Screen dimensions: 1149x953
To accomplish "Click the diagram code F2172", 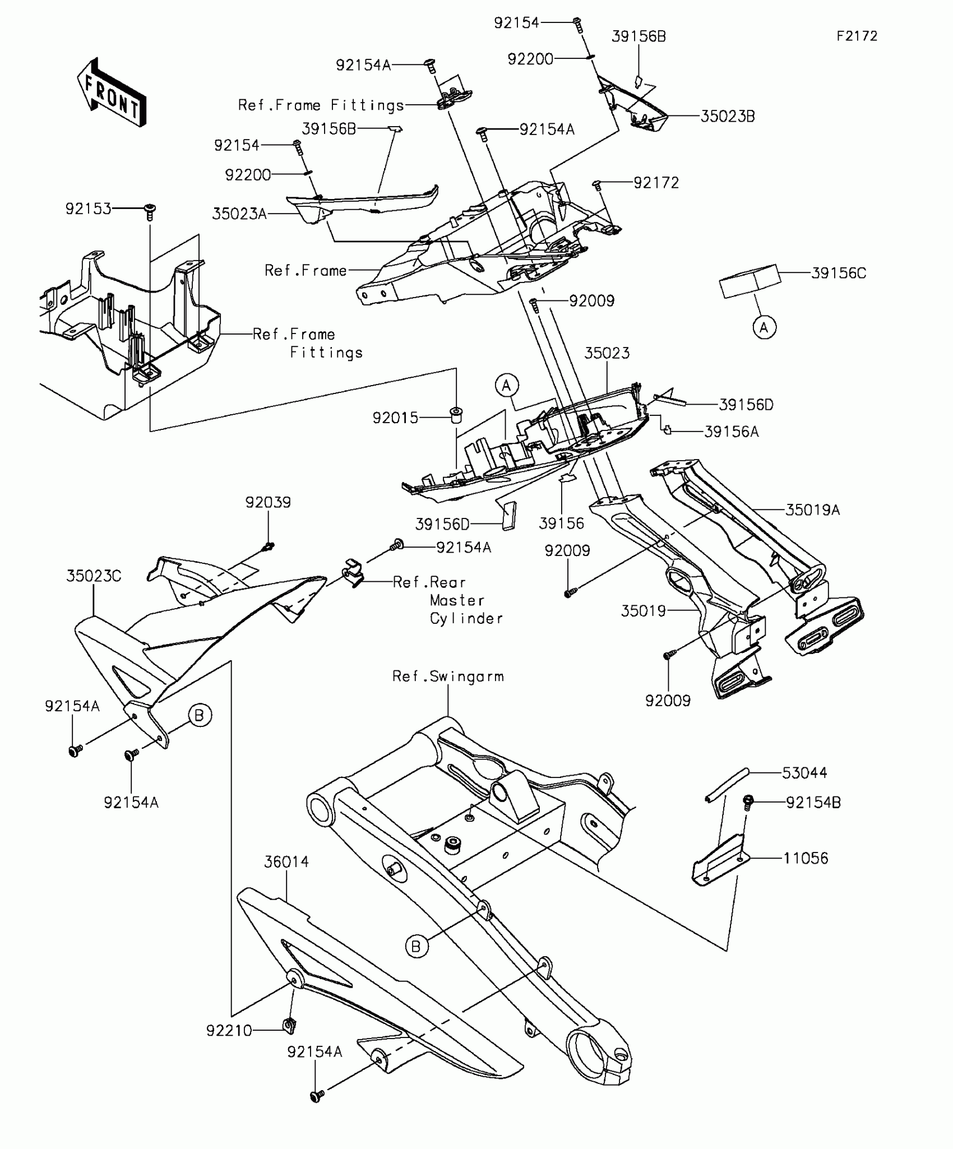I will coord(857,36).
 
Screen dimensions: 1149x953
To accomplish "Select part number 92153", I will coord(88,209).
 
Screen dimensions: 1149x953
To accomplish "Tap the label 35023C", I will coord(94,576).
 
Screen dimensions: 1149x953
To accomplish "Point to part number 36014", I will coord(286,861).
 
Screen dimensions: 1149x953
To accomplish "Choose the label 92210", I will coord(229,1031).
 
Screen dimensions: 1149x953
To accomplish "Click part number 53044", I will coord(804,773).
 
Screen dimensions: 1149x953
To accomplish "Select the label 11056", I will coord(806,858).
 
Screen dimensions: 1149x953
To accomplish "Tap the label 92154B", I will coord(813,803).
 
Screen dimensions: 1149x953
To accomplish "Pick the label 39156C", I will coord(839,273).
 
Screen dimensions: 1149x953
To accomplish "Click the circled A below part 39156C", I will coord(764,327).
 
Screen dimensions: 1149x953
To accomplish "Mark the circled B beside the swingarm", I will coord(416,947).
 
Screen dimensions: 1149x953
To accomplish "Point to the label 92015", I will coord(395,418).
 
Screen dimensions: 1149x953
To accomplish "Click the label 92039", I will coord(268,502).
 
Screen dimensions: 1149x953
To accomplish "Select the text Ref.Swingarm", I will coord(448,677).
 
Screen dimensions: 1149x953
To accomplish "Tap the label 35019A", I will coord(812,510).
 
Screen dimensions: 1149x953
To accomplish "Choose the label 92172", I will coord(656,183).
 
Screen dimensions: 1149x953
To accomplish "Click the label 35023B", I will coord(728,117).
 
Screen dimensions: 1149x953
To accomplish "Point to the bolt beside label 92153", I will coord(150,212).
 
